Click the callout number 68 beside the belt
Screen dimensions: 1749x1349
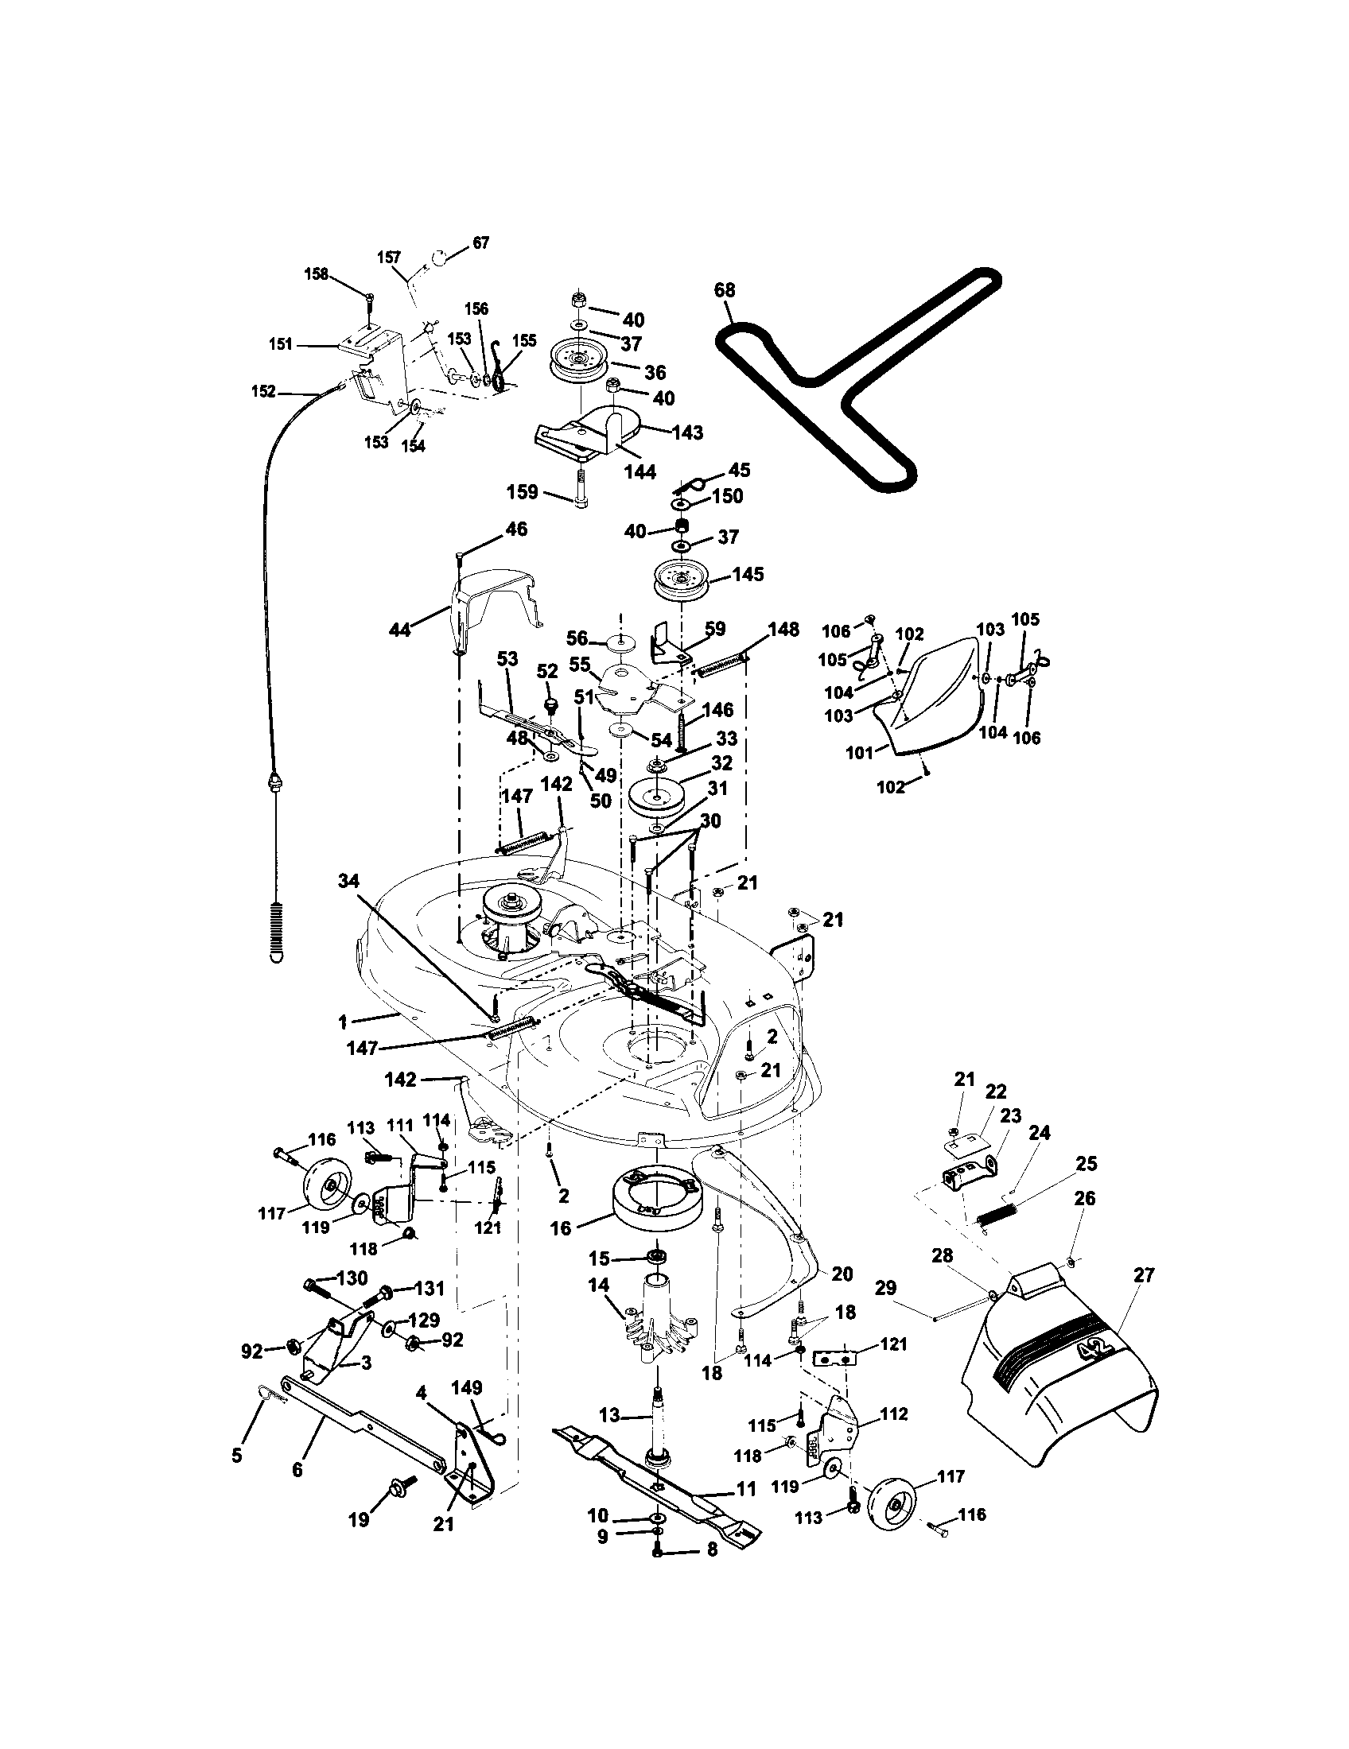[724, 291]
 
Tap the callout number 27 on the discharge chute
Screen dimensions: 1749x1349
[1145, 1275]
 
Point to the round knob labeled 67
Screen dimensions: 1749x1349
[439, 258]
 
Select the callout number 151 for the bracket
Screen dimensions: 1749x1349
[280, 344]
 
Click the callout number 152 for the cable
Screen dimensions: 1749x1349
[262, 392]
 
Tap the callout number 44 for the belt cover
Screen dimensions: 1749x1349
[400, 630]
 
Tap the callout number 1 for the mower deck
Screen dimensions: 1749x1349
[343, 1022]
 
